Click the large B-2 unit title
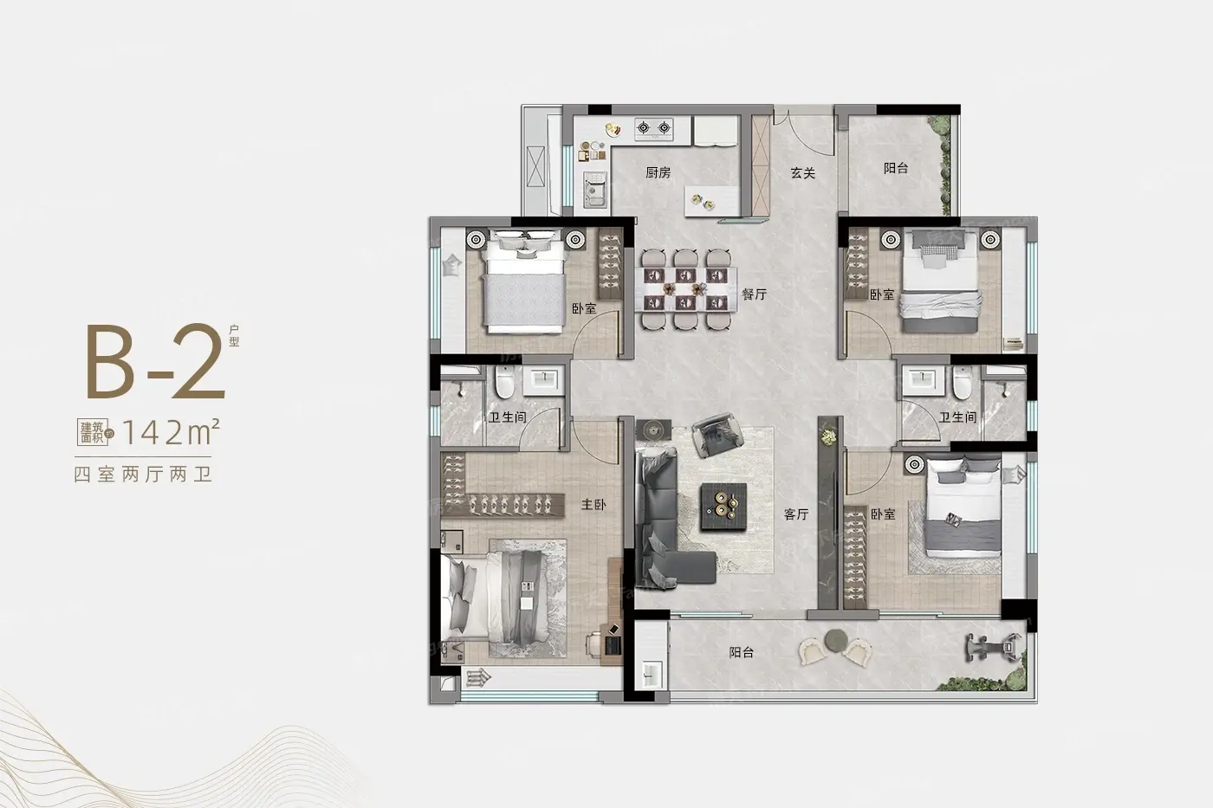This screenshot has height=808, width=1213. pyautogui.click(x=155, y=361)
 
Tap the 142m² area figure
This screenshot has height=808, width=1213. pyautogui.click(x=172, y=432)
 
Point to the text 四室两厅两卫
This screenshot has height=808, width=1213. pyautogui.click(x=143, y=475)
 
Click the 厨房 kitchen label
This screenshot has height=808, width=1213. pyautogui.click(x=658, y=172)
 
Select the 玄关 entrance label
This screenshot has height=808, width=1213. pyautogui.click(x=802, y=172)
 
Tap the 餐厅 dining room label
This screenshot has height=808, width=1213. pyautogui.click(x=755, y=294)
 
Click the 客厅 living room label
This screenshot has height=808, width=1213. pyautogui.click(x=796, y=514)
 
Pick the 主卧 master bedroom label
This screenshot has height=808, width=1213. pyautogui.click(x=594, y=504)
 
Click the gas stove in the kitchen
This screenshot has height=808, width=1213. pyautogui.click(x=653, y=128)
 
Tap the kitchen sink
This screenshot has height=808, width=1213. pyautogui.click(x=595, y=189)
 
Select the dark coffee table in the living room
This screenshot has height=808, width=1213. pyautogui.click(x=723, y=506)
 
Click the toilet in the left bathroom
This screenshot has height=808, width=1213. pyautogui.click(x=504, y=382)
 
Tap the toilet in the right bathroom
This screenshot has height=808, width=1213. pyautogui.click(x=963, y=382)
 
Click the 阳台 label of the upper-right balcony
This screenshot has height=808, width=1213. pyautogui.click(x=896, y=168)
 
